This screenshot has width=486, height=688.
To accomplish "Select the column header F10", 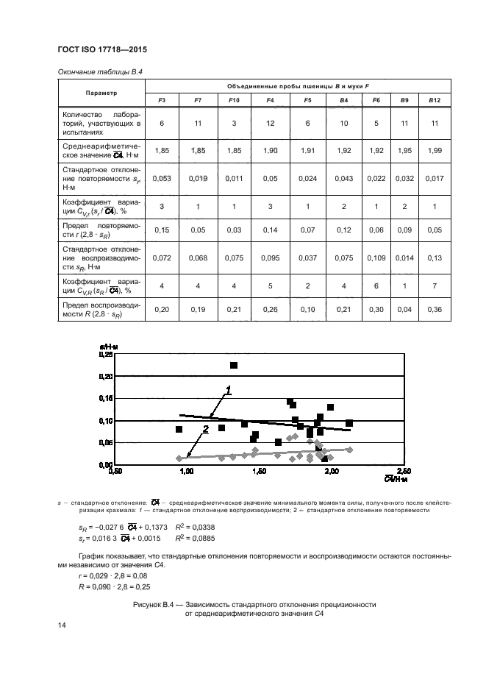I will point(234,99).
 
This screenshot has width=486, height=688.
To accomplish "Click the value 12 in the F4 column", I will point(270,123).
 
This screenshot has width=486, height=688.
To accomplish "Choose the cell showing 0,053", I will point(161,177).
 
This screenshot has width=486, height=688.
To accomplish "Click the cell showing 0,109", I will point(376,258).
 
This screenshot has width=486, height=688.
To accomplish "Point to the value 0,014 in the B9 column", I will point(404,258).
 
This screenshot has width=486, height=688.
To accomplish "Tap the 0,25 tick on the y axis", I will point(105,354).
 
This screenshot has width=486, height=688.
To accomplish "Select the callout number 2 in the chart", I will point(206,429).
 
